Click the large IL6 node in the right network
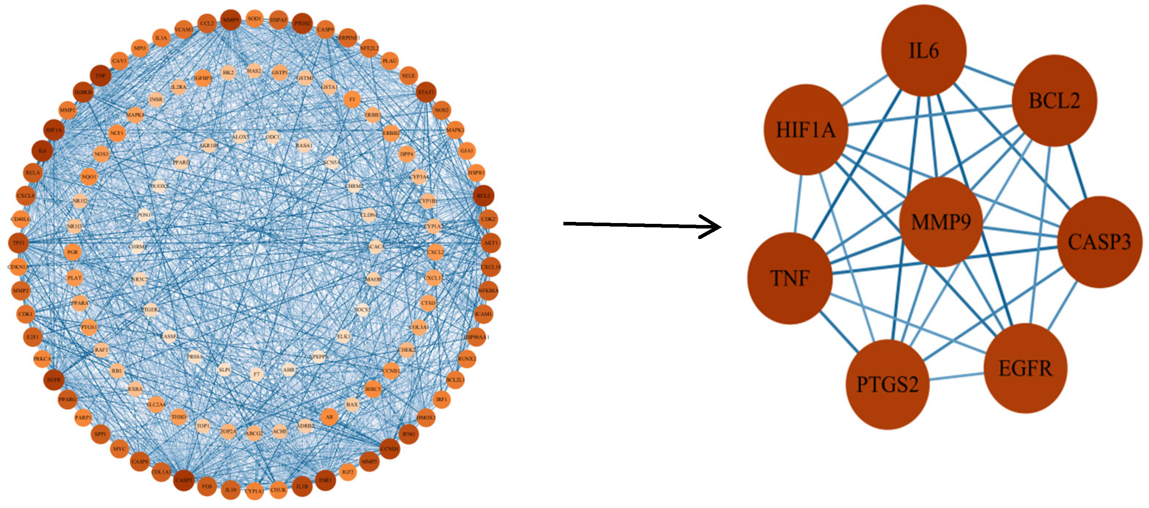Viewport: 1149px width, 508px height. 924,50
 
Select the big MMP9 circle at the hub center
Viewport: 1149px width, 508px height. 941,222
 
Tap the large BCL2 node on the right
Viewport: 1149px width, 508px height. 1054,101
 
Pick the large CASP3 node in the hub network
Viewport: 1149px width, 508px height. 1099,242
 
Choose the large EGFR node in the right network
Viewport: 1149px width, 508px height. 1025,368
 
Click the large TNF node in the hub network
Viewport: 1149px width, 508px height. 790,278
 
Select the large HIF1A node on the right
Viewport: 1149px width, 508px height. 806,130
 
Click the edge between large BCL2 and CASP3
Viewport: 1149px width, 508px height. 1077,172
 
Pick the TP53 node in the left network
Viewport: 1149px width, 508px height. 18,243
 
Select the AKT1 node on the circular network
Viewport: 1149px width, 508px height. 491,243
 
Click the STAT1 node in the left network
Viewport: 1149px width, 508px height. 425,92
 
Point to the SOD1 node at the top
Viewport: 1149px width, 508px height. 254,19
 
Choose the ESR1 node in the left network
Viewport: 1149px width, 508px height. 325,480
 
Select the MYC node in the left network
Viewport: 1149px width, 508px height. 119,449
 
